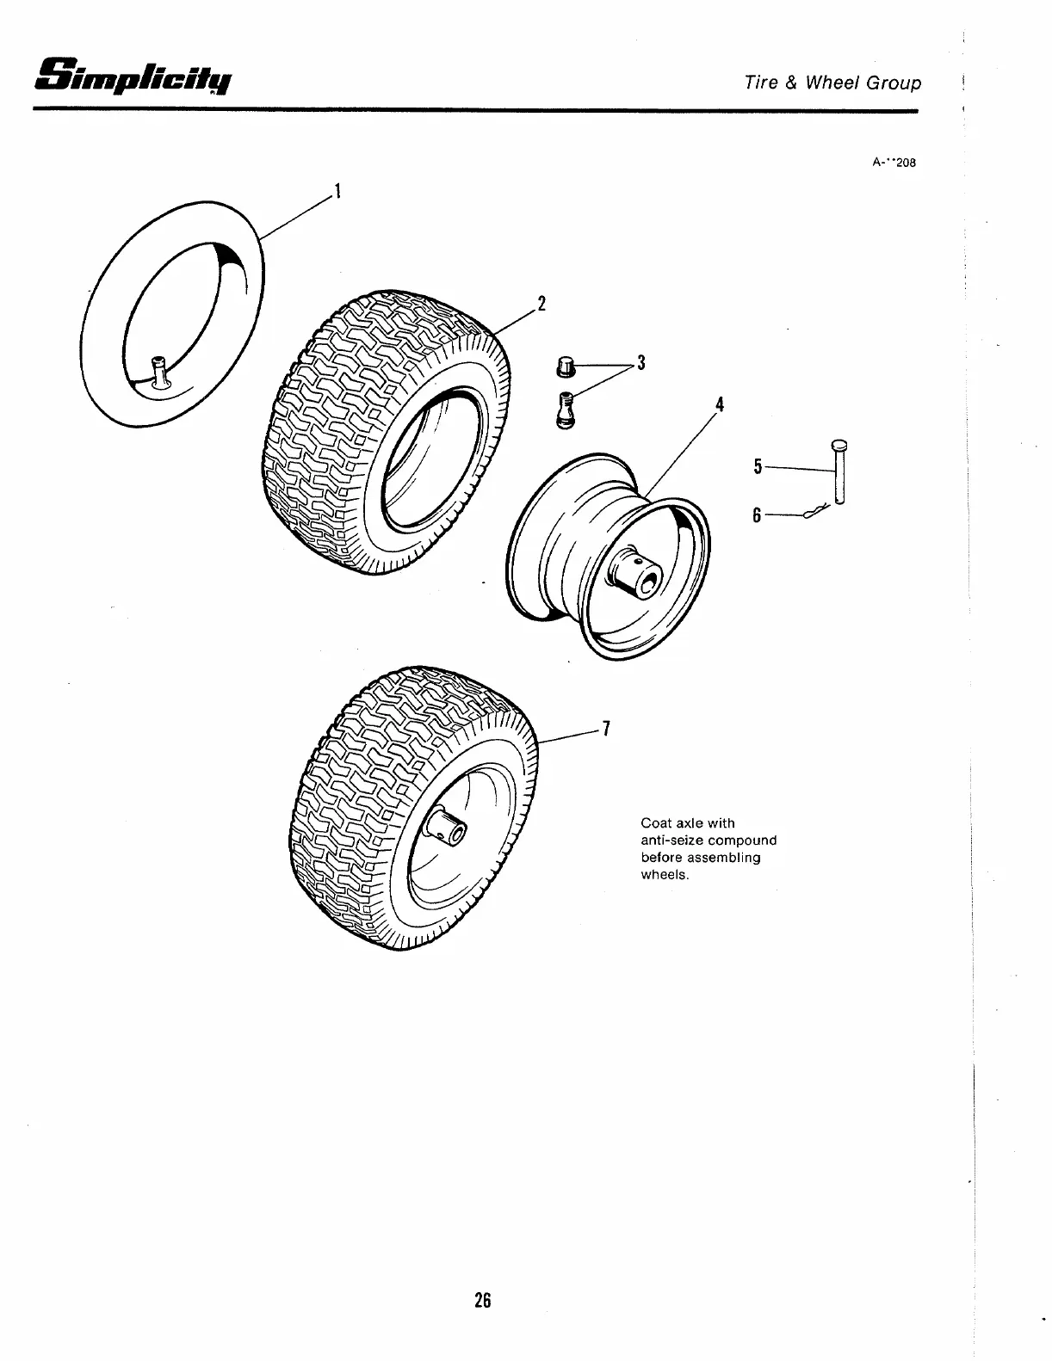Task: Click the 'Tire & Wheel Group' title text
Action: click(x=832, y=83)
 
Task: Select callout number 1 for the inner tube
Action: click(x=338, y=191)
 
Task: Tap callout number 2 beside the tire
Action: click(x=541, y=303)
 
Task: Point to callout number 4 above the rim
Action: click(x=720, y=404)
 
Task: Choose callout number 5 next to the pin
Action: click(x=758, y=466)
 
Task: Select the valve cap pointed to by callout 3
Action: click(x=565, y=367)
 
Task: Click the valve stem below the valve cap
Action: click(x=564, y=408)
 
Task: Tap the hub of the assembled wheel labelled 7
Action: click(x=449, y=828)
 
